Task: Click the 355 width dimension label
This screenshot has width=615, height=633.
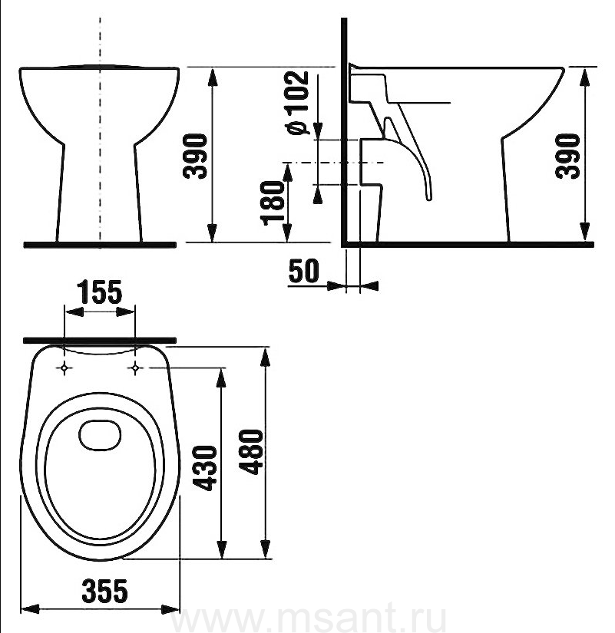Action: pyautogui.click(x=104, y=591)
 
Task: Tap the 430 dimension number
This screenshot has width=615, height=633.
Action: pyautogui.click(x=205, y=468)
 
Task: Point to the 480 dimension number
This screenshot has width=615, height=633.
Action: pyautogui.click(x=250, y=452)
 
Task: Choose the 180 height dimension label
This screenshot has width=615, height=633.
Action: pyautogui.click(x=273, y=203)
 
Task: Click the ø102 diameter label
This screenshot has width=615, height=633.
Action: pyautogui.click(x=297, y=103)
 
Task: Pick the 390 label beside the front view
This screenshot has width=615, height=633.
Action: pyautogui.click(x=195, y=156)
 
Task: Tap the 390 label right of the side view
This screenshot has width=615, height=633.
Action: pyautogui.click(x=567, y=156)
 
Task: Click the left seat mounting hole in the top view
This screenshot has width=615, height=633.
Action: pyautogui.click(x=64, y=368)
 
